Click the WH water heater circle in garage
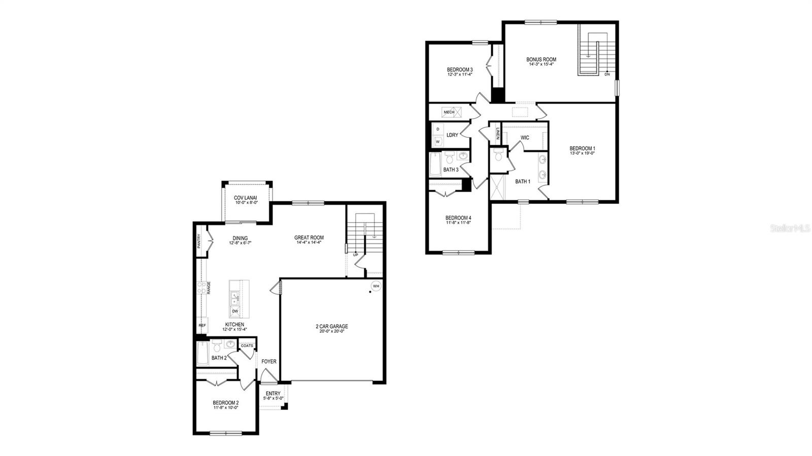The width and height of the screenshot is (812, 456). (x=376, y=286)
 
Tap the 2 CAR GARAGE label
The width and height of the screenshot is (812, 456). (x=332, y=326)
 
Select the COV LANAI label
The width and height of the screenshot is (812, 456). (x=245, y=198)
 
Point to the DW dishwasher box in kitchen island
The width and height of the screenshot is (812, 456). (x=235, y=311)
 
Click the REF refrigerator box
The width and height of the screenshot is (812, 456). (x=202, y=325)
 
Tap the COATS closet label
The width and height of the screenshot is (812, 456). (x=247, y=345)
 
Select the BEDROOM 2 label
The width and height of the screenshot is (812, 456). (x=226, y=402)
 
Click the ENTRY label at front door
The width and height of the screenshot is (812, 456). (x=273, y=394)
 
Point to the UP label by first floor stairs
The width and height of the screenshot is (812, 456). (x=355, y=255)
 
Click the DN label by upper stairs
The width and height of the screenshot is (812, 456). (x=607, y=74)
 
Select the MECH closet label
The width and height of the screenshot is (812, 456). (x=449, y=112)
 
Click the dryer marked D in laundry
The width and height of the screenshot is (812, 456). (x=438, y=129)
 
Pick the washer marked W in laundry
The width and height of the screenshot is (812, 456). (x=438, y=142)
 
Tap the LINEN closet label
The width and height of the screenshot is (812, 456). (x=498, y=134)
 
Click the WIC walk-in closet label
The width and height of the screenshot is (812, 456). (x=525, y=137)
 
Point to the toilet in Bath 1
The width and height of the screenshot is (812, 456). (x=498, y=156)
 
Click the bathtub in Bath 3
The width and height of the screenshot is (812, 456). (x=435, y=164)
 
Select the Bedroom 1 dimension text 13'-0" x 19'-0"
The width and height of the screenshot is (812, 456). (x=582, y=153)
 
